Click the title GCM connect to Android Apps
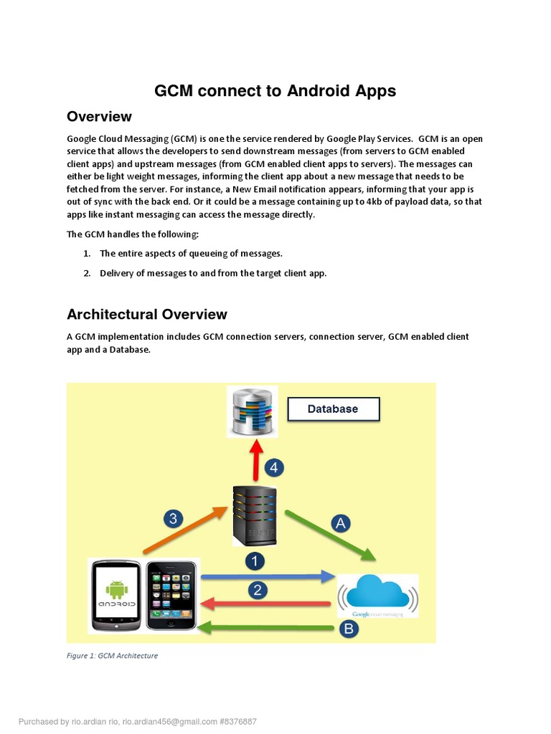275,91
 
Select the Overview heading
99,117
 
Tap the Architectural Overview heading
147,315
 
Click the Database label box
333,409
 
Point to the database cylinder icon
252,411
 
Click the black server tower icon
254,515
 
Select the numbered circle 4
275,468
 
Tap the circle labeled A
341,523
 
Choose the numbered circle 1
255,560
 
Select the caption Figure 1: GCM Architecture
113,655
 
